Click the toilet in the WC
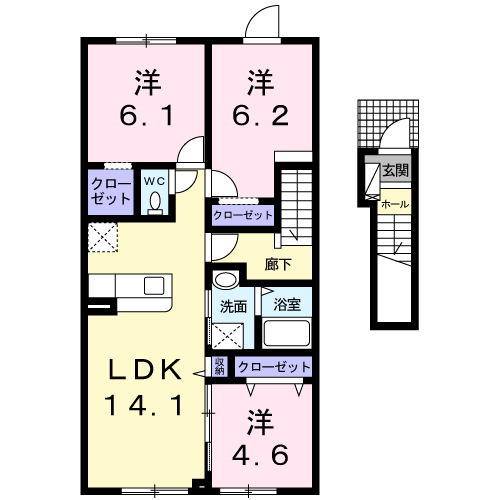click(155, 203)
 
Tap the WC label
click(154, 181)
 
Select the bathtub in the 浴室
click(287, 332)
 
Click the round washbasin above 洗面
click(225, 279)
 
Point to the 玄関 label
click(395, 171)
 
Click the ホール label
click(395, 204)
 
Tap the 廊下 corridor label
click(278, 264)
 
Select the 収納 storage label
click(219, 366)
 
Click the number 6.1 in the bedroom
click(147, 115)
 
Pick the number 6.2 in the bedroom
click(260, 115)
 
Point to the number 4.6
click(260, 455)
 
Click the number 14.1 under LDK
click(144, 405)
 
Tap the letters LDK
click(145, 369)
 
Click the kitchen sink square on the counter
click(154, 286)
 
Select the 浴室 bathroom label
click(287, 304)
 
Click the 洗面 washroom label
click(233, 306)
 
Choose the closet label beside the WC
click(111, 191)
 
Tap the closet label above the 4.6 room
click(274, 367)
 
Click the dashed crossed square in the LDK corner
click(103, 237)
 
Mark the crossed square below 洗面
click(228, 336)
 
